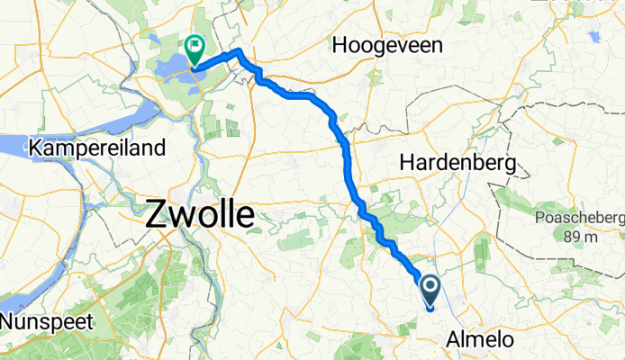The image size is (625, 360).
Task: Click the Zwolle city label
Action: [199, 216]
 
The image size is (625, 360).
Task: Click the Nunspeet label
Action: [43, 321]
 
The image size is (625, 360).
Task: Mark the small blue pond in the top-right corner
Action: [594, 37]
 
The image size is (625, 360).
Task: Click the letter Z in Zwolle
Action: [156, 216]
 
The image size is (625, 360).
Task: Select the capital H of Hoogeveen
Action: [340, 44]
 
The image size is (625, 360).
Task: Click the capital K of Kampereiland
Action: [37, 147]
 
